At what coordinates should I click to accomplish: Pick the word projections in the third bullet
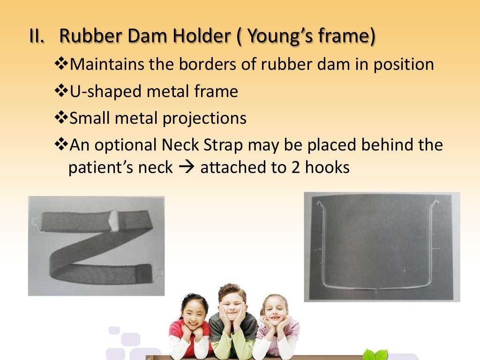pos(204,118)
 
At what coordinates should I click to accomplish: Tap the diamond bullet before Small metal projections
pos(61,118)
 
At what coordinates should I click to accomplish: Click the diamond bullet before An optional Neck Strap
pos(61,145)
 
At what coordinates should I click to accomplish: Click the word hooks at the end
pos(327,168)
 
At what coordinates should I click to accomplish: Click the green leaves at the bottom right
pos(377,354)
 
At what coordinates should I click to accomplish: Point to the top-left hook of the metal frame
pos(319,203)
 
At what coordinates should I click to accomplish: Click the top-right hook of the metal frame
pos(436,202)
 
